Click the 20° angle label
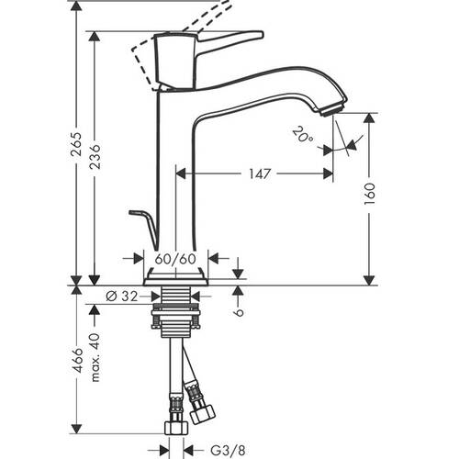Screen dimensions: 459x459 pos(304,138)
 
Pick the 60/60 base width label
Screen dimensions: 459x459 pos(175,260)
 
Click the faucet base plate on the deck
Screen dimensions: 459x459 pos(177,275)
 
